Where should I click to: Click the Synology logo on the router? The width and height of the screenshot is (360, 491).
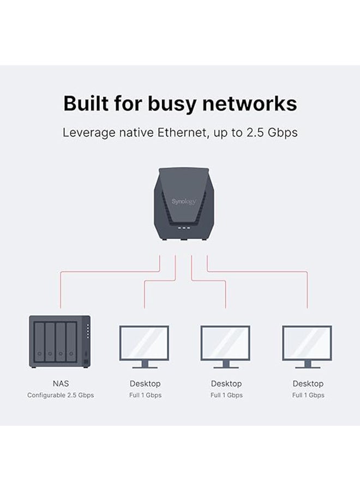[183, 201]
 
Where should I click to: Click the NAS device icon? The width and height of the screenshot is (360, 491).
[59, 341]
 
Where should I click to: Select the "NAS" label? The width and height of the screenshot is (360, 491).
[61, 384]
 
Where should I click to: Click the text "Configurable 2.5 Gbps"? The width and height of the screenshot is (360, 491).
[61, 395]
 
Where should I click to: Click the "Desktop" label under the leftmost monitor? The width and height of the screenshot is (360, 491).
[145, 384]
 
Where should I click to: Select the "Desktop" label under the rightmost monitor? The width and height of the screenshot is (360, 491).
[308, 384]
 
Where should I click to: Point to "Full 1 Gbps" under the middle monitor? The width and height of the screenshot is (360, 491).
[226, 395]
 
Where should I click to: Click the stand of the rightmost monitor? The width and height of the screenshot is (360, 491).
[307, 364]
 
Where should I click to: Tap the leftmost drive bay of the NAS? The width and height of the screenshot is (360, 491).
[39, 343]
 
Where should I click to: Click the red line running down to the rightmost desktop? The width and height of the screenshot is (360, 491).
[307, 289]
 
